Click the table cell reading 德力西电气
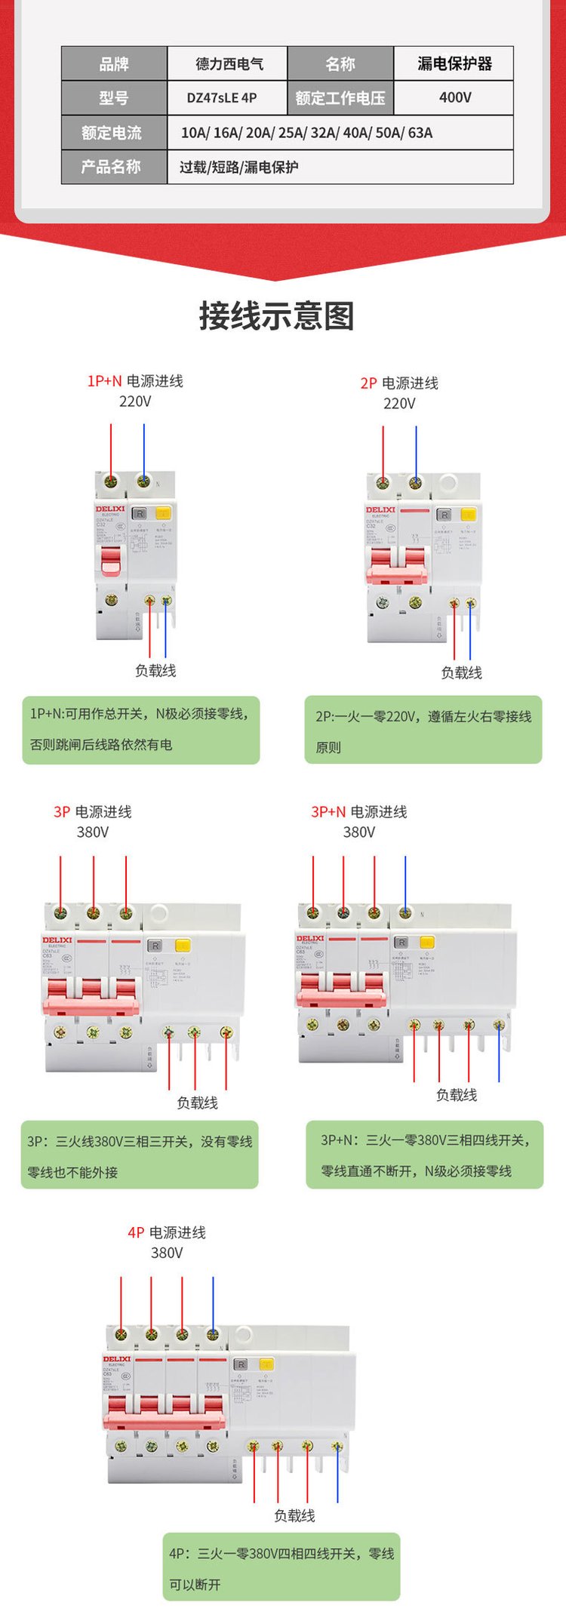[x=227, y=64]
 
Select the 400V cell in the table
[x=454, y=97]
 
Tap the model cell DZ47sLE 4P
[x=222, y=97]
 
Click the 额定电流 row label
[x=113, y=133]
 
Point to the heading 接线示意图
[x=277, y=315]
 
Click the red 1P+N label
[x=104, y=381]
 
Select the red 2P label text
[x=368, y=383]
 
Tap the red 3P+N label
[x=328, y=812]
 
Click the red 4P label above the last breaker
[x=136, y=1232]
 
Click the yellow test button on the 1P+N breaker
[x=163, y=513]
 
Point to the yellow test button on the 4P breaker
[x=266, y=1364]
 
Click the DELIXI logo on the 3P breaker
[x=57, y=940]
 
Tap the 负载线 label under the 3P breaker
[x=197, y=1103]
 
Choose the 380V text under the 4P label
[x=167, y=1253]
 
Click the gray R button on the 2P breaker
[x=444, y=515]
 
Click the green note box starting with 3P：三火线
[x=140, y=1155]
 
